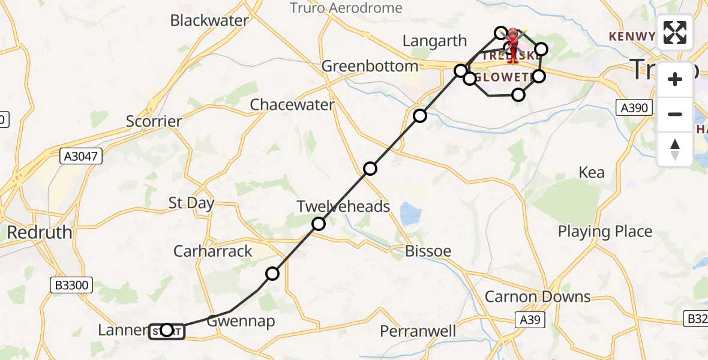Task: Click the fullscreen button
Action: [x=675, y=33]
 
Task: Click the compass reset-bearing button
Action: [x=675, y=149]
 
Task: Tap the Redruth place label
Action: [x=40, y=232]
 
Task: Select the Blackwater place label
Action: [x=209, y=20]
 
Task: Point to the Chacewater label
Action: [x=292, y=104]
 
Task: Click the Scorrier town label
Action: [x=154, y=121]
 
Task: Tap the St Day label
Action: [x=191, y=203]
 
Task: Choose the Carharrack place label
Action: [x=213, y=251]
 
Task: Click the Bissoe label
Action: [x=428, y=251]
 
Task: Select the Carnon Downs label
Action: [x=538, y=296]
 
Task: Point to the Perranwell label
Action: [x=418, y=331]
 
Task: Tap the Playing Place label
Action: [x=605, y=232]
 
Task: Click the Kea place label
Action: [x=592, y=173]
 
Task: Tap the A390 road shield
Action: [x=634, y=108]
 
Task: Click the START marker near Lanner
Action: [x=167, y=331]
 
